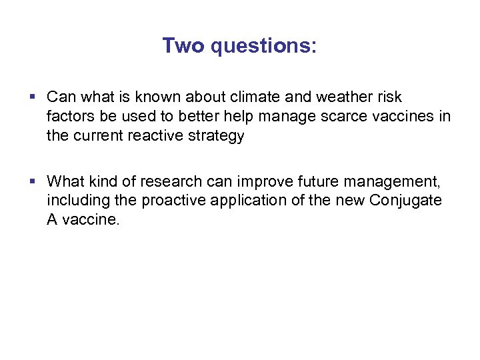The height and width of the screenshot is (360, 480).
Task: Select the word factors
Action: tap(69, 117)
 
